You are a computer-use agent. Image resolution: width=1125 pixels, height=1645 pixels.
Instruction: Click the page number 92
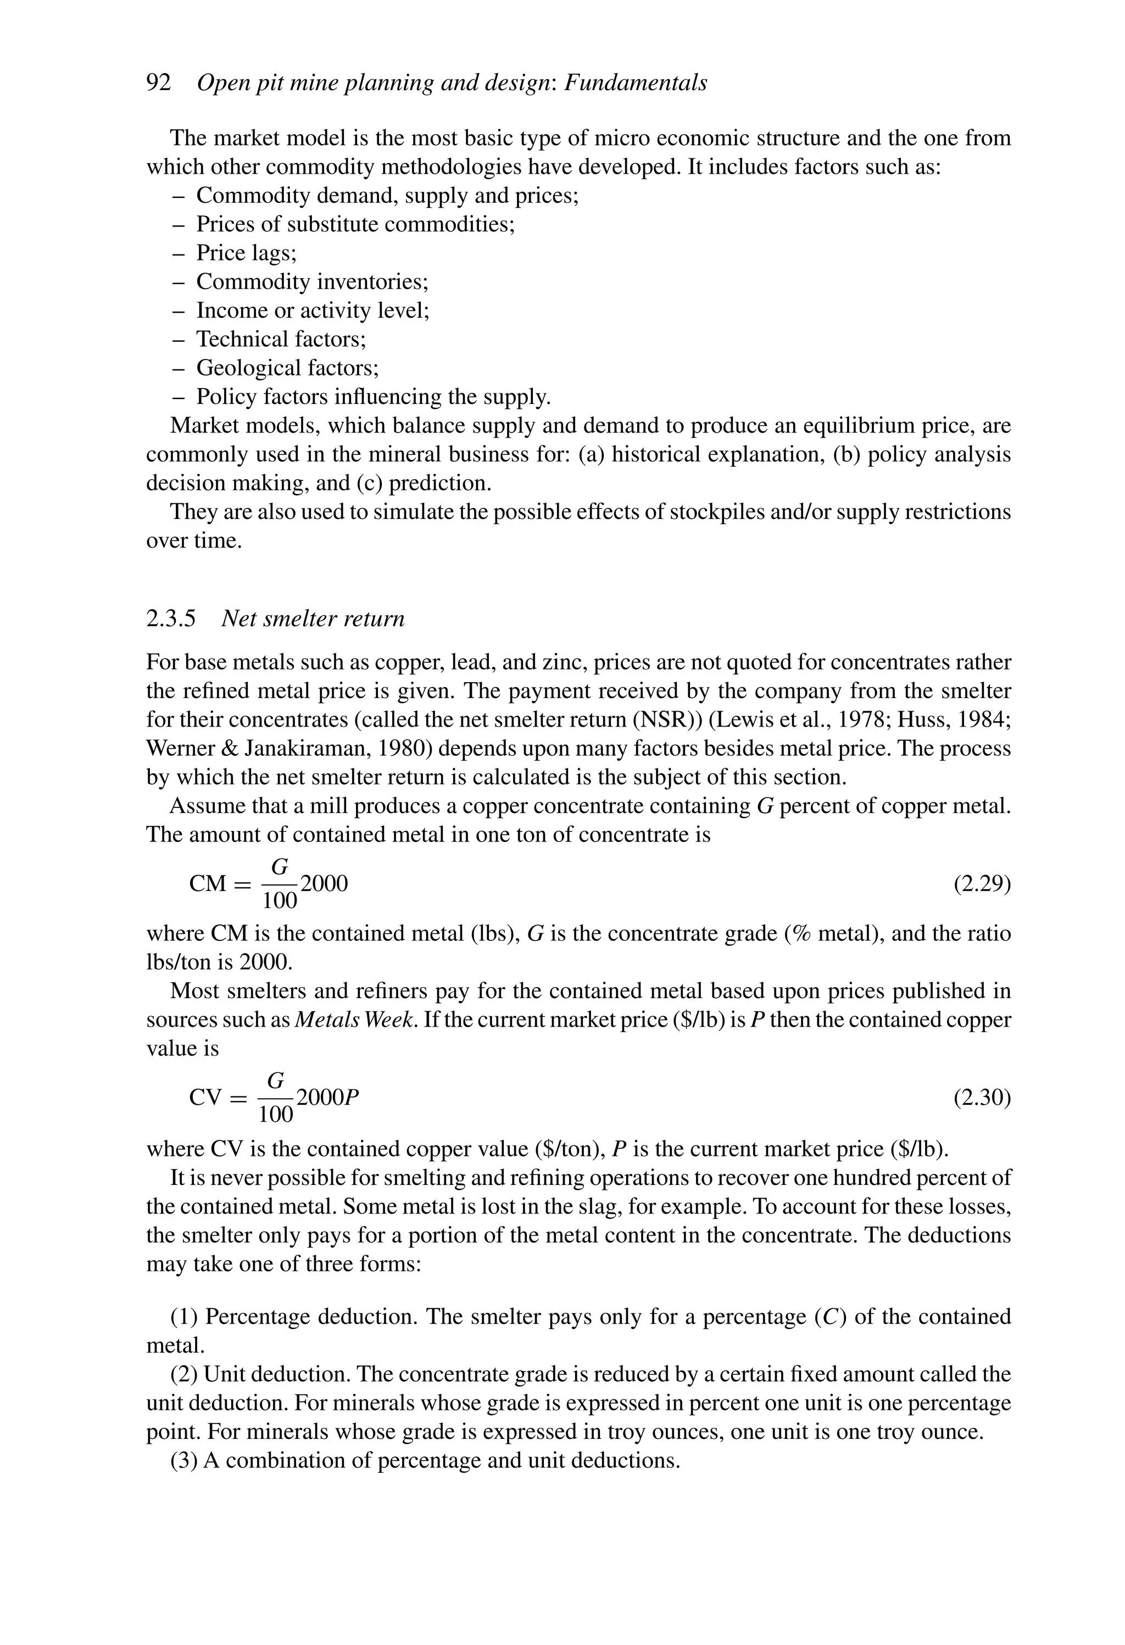[x=159, y=83]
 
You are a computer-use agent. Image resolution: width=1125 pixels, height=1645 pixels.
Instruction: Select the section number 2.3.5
[x=170, y=619]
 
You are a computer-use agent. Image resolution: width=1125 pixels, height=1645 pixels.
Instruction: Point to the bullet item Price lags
[x=246, y=253]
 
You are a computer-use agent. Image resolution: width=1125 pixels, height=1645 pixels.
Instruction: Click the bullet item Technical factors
[x=281, y=339]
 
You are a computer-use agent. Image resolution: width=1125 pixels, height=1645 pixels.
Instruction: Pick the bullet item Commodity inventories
[x=312, y=282]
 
